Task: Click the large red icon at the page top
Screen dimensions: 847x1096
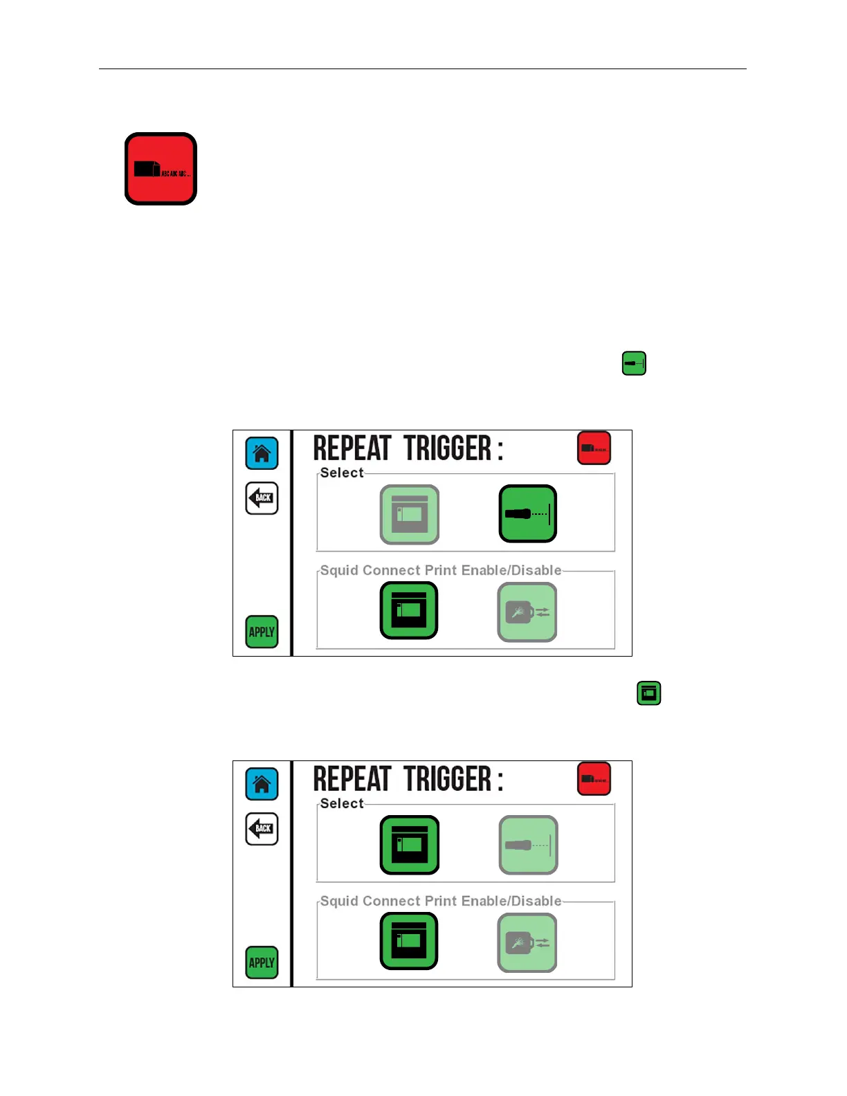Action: coord(161,169)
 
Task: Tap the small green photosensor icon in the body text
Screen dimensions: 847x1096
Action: coord(634,363)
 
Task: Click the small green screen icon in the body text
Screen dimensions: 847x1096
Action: coord(648,693)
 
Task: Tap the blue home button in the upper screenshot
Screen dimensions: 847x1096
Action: coord(262,453)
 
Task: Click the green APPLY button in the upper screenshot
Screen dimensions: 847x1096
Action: coord(262,632)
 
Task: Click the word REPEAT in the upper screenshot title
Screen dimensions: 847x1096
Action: coord(352,448)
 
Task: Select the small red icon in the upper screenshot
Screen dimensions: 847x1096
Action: coord(594,448)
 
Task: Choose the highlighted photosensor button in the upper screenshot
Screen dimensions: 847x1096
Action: coord(527,513)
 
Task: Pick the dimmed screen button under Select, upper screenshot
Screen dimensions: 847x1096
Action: coord(410,514)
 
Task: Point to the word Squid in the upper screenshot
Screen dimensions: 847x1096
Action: coord(339,570)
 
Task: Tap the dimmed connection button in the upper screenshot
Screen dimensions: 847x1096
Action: coord(527,612)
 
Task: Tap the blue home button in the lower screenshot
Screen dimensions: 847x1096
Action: coord(262,784)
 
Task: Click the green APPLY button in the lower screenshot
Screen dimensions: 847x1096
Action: coord(262,962)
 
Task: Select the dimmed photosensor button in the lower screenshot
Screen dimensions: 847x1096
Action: coord(528,845)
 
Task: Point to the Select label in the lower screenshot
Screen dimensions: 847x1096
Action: coord(342,803)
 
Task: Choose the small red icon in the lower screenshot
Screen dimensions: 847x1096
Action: coord(594,778)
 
